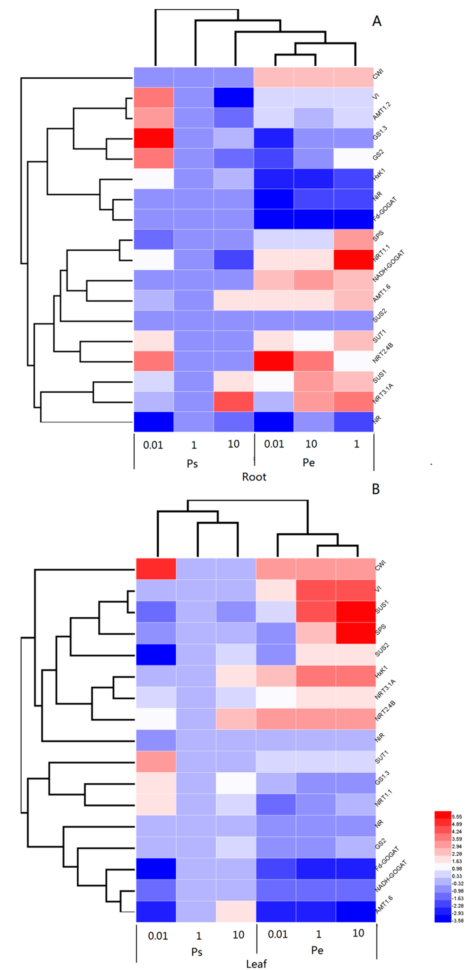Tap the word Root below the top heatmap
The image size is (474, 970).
(254, 477)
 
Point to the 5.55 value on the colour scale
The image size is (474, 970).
(457, 817)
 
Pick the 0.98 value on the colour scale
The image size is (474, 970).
(457, 869)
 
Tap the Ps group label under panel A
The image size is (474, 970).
(192, 464)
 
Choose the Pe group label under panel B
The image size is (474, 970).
(317, 950)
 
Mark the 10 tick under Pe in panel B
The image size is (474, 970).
(358, 933)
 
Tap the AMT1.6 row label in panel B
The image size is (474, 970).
(384, 904)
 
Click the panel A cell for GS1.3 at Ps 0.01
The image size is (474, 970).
(154, 138)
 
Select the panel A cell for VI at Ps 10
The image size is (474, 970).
(233, 97)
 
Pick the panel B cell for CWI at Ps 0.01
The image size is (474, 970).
(156, 569)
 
